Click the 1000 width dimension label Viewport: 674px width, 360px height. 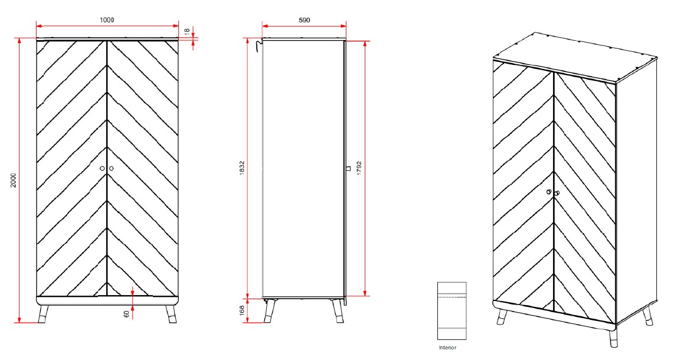point(106,19)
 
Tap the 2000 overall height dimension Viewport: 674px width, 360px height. point(13,181)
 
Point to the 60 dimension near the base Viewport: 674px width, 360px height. point(126,313)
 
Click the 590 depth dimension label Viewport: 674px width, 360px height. point(304,19)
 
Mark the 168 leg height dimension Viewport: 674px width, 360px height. point(242,311)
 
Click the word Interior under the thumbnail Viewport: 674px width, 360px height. point(447,348)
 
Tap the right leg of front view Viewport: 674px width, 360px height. point(171,314)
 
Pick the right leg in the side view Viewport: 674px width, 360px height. point(338,310)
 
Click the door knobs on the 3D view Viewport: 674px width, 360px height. point(552,192)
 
